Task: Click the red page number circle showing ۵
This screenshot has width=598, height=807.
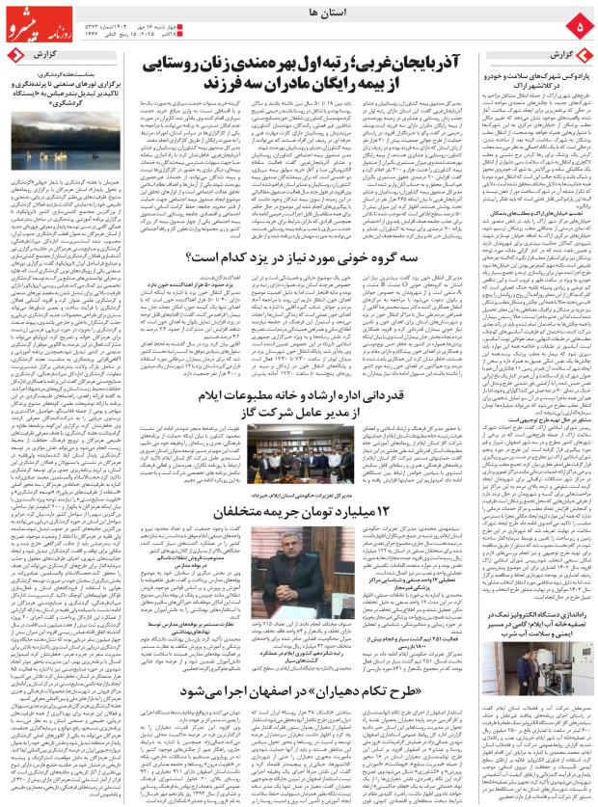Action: tap(579, 22)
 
